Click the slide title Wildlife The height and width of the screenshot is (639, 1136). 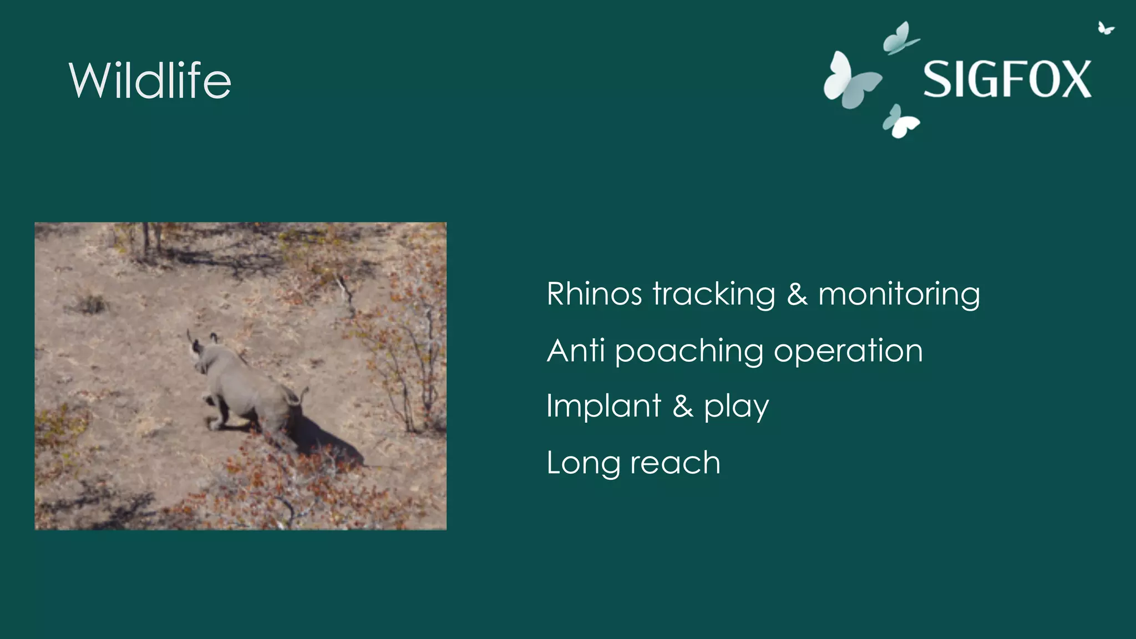click(150, 81)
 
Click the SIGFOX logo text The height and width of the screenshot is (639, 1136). click(1007, 80)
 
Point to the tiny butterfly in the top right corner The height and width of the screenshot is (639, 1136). click(1105, 28)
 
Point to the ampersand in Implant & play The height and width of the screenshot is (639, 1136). click(683, 406)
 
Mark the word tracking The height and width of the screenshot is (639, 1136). click(714, 295)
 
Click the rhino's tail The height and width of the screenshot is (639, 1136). click(302, 395)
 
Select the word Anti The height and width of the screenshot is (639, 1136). click(575, 351)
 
